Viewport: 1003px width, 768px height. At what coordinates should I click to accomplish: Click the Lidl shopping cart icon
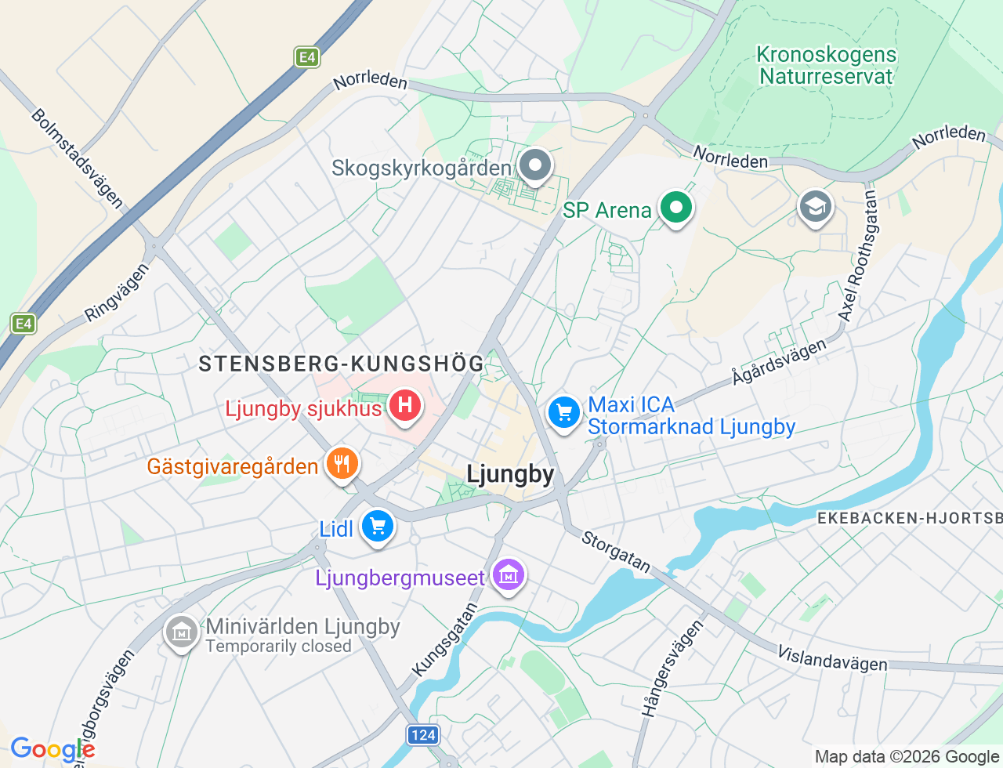pos(378,526)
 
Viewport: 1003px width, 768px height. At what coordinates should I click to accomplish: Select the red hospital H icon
pos(405,405)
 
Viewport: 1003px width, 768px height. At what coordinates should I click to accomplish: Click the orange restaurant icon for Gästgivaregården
pos(342,464)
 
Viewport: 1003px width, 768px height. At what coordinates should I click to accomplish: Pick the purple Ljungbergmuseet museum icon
pos(509,576)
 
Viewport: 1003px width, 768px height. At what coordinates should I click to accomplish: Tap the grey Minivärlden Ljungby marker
pos(182,632)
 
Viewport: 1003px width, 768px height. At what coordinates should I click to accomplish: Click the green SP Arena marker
pos(675,208)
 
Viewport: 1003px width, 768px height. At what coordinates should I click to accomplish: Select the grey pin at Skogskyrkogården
pos(536,165)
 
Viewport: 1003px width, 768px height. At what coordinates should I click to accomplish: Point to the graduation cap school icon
pos(815,207)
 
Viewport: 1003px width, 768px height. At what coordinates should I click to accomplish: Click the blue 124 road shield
pos(423,735)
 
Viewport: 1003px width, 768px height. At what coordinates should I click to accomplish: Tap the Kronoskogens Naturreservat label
pos(826,66)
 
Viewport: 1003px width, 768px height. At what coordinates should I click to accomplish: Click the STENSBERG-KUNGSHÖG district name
pos(342,364)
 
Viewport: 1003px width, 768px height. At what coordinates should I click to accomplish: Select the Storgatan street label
pos(616,552)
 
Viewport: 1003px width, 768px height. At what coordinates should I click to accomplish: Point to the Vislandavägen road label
pos(832,659)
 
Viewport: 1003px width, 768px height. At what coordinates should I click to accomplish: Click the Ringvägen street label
pos(117,292)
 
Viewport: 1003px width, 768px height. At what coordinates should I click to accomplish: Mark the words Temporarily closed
pos(278,647)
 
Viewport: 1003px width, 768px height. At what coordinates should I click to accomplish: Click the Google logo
pos(52,749)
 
